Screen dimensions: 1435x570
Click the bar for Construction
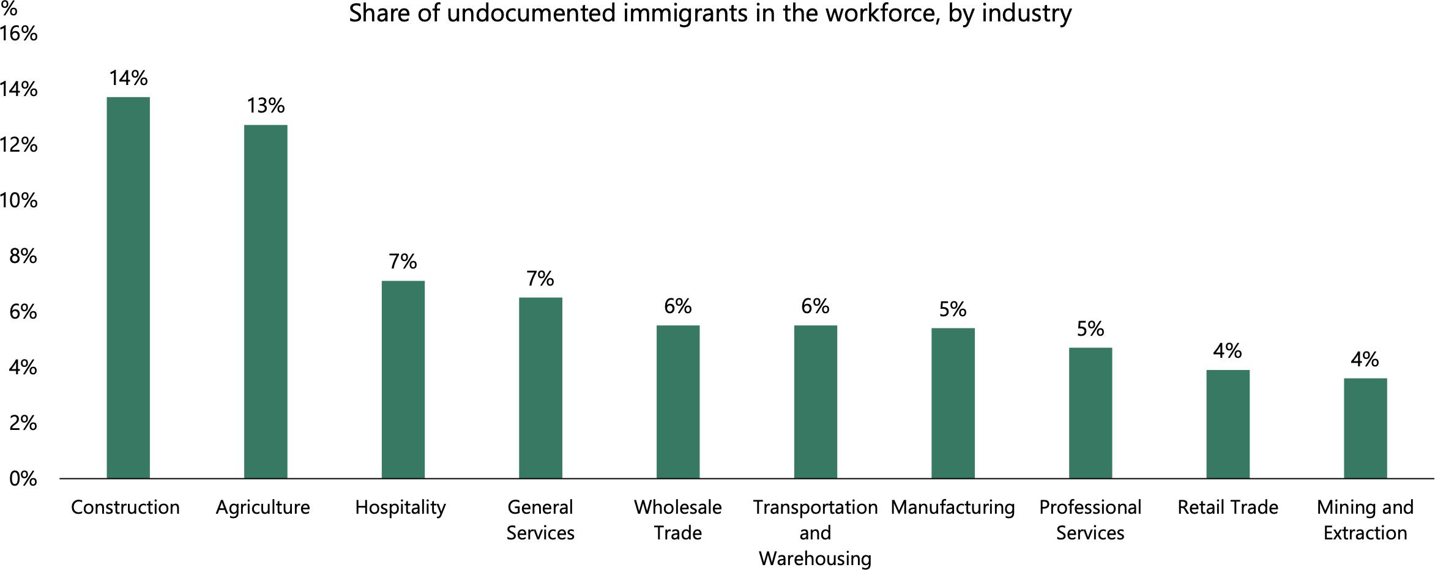tap(128, 287)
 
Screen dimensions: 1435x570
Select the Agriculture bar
tap(266, 302)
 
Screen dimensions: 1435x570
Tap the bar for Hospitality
tap(403, 379)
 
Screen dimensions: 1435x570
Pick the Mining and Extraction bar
tap(1365, 428)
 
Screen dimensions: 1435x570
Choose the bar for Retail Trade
tap(1228, 424)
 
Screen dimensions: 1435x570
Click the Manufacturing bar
tap(953, 403)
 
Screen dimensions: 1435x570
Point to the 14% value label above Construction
tap(129, 78)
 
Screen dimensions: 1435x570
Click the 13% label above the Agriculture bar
tap(266, 106)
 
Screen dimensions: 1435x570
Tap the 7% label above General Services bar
tap(540, 279)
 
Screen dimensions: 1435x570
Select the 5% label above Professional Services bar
tap(1090, 329)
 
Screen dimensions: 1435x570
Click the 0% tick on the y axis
tap(23, 479)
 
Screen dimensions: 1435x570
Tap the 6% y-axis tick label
tap(23, 312)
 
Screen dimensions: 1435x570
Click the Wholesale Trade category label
tap(678, 520)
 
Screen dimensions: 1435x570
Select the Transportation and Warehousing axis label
tap(815, 533)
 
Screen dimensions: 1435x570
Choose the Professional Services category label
tap(1090, 520)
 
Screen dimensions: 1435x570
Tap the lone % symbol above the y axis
tap(9, 9)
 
